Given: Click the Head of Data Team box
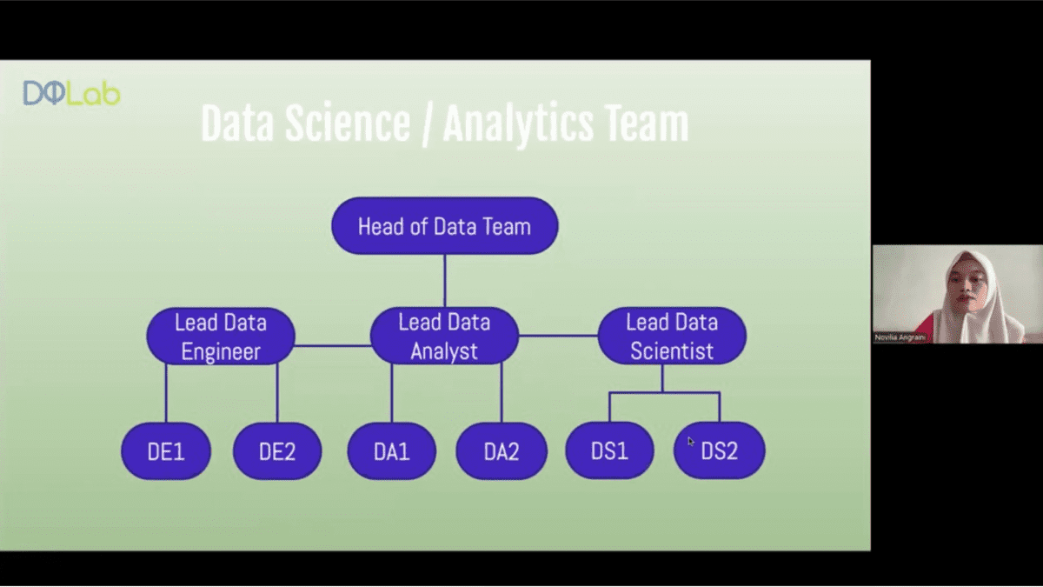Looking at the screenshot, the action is pos(445,226).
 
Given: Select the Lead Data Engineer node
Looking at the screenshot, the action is pos(221,336).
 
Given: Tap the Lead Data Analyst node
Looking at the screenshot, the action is pos(444,336).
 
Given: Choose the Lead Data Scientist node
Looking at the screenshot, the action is pos(672,336).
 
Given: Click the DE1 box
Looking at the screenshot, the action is pos(166,451).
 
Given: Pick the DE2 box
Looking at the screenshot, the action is pos(277,451).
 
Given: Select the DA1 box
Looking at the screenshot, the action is pos(392,451).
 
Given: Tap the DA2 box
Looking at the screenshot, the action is pos(502,451).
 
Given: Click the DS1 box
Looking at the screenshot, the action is pos(609,450).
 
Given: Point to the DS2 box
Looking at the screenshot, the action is pos(720,450).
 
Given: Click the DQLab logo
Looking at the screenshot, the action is pos(71,93).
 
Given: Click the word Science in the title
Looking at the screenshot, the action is pos(348,123).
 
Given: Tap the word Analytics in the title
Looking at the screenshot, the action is pos(518,123).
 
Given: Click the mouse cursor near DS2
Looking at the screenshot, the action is pos(690,441).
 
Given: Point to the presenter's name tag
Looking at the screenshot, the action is pos(900,337).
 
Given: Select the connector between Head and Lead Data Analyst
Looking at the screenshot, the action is pos(445,281).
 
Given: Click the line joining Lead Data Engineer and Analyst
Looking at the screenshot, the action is pos(333,346).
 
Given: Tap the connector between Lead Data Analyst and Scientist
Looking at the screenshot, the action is pos(558,336).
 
